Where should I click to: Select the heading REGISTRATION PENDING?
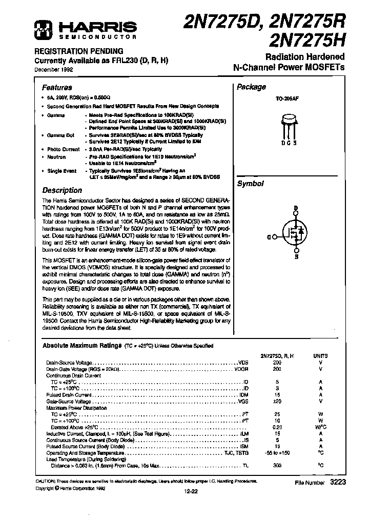78,51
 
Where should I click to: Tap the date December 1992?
54,69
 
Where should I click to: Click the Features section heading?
57,87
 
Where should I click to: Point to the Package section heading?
251,87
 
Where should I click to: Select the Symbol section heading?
250,184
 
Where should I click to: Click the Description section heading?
62,190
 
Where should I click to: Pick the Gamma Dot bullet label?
60,135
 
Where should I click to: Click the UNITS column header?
321,355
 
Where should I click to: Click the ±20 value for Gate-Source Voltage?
277,402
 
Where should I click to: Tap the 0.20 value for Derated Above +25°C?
277,427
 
